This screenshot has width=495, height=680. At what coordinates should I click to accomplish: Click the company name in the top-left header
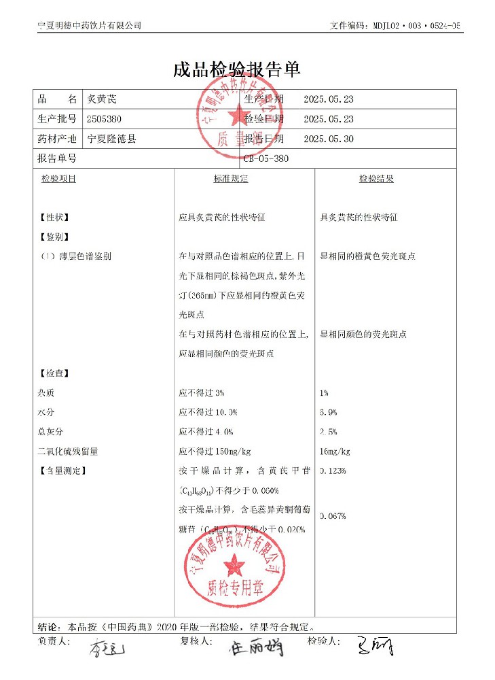[89, 25]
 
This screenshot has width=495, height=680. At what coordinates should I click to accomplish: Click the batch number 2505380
[105, 119]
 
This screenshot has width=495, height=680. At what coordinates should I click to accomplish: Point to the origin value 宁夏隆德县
[112, 139]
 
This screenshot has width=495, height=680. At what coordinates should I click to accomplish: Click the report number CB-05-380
[270, 158]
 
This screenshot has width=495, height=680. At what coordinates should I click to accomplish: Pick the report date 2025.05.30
[329, 139]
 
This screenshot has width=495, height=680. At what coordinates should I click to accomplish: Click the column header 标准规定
[231, 179]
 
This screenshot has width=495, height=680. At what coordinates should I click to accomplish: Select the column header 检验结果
[376, 179]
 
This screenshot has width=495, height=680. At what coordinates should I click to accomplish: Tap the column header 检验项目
[58, 179]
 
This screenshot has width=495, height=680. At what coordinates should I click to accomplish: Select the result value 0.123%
[333, 471]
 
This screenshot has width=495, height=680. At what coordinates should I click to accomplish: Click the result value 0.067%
[333, 516]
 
